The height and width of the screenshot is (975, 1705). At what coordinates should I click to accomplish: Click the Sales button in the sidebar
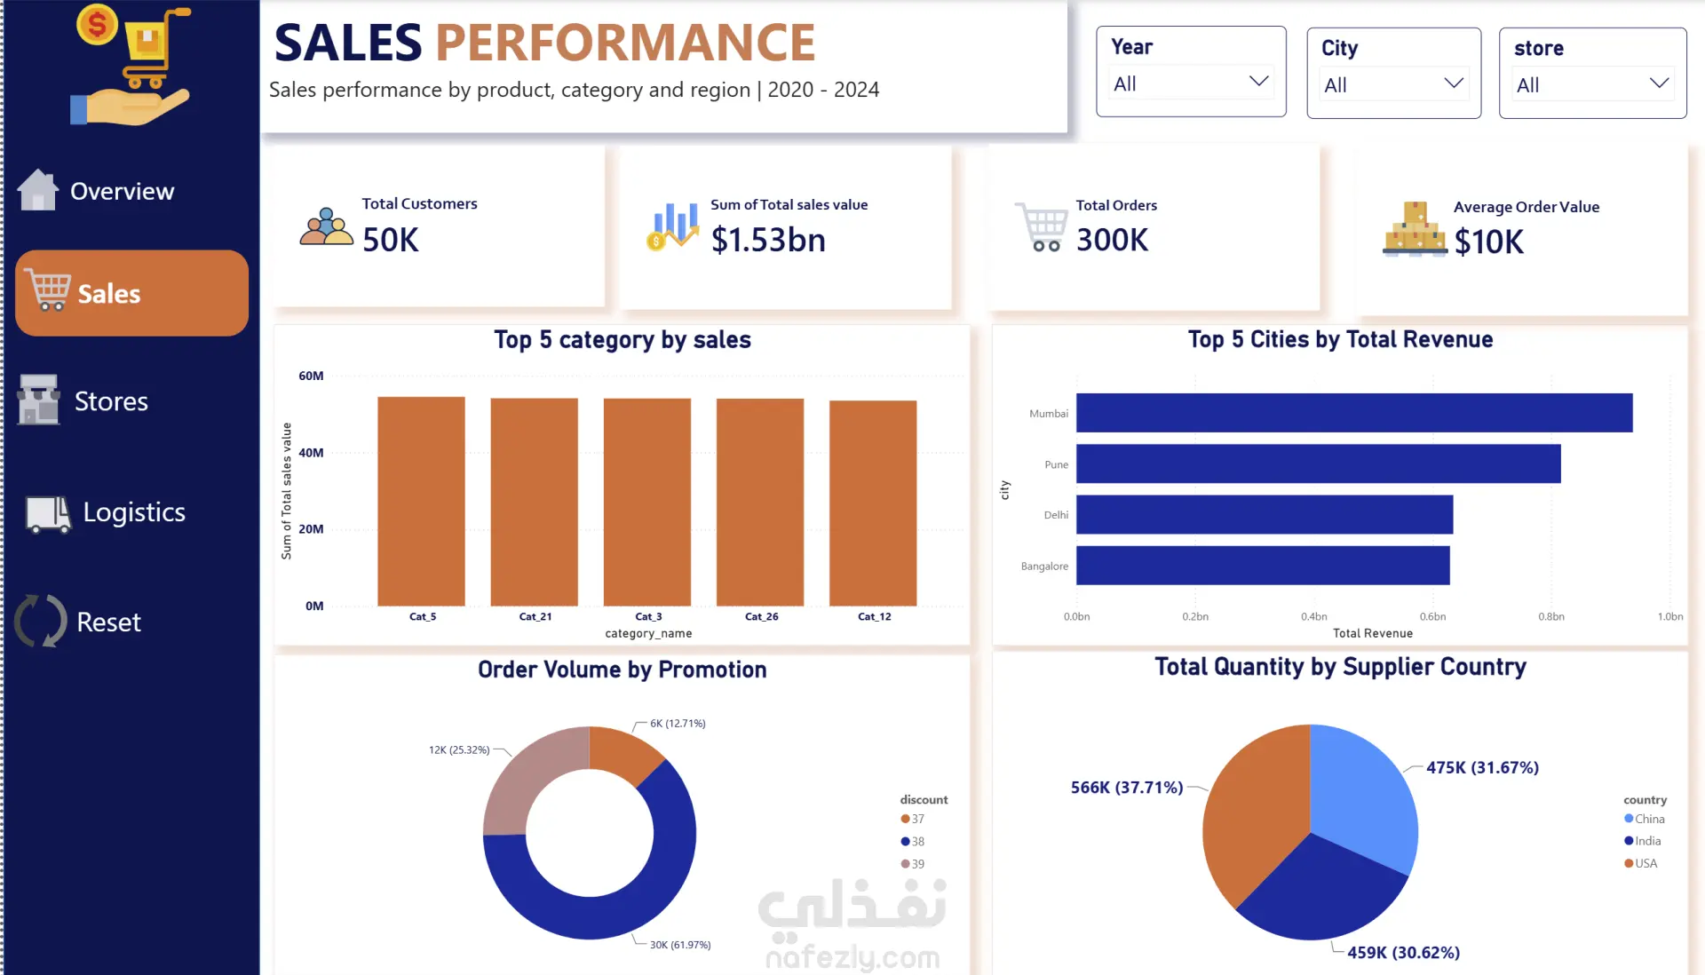131,293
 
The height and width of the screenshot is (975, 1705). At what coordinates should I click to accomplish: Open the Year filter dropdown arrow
1258,82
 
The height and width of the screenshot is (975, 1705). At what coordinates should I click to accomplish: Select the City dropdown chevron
1454,83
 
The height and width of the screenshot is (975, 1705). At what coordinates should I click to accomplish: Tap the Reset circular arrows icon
41,621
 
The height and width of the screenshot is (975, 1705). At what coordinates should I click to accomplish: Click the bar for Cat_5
421,502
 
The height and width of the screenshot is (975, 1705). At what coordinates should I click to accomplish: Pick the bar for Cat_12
873,503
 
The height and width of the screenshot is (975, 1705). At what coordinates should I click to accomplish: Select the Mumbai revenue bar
1354,413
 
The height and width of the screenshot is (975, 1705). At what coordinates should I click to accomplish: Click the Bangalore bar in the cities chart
1263,566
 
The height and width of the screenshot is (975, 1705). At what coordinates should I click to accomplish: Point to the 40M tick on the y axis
311,453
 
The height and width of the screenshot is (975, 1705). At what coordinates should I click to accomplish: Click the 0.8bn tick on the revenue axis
1551,616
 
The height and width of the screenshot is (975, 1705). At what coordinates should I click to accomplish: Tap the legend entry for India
1643,841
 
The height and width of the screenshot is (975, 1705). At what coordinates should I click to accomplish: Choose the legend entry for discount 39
913,864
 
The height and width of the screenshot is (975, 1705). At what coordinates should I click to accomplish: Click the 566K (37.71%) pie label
1127,788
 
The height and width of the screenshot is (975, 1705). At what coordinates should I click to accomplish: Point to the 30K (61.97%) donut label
680,945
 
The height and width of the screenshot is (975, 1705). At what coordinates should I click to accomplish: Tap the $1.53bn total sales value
768,240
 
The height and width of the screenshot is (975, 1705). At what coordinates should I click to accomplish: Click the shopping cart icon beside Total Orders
1042,227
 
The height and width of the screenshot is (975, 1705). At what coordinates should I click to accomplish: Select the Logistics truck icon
48,514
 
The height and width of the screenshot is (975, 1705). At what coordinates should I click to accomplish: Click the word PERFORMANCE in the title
625,43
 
